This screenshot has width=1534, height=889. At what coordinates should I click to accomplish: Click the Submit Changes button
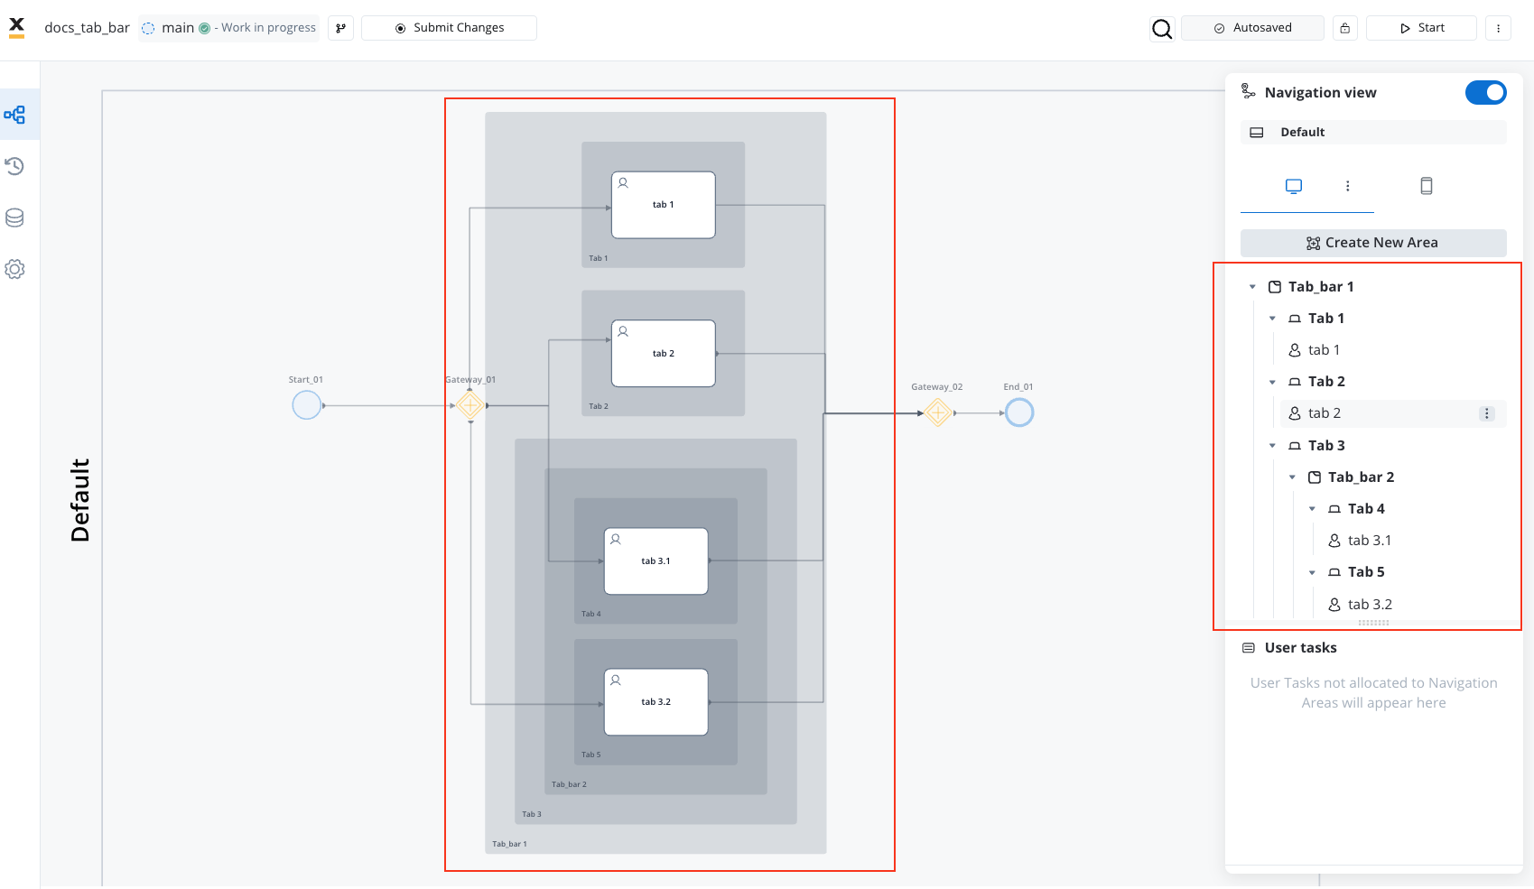(x=449, y=28)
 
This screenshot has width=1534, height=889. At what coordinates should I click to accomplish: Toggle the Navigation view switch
(x=1485, y=92)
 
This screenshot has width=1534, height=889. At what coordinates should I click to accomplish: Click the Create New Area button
(x=1373, y=243)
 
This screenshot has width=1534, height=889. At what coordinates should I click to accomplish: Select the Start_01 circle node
(x=306, y=405)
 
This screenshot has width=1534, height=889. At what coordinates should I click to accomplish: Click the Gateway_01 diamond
(x=469, y=406)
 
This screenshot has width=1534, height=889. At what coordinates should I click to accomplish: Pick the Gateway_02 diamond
(x=937, y=412)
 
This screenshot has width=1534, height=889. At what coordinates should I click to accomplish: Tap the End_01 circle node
(x=1019, y=412)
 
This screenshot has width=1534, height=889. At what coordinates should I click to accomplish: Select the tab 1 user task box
(x=663, y=205)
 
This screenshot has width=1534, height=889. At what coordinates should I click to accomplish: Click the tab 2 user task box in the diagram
(x=663, y=353)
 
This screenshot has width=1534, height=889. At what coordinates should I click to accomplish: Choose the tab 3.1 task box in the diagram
(x=655, y=561)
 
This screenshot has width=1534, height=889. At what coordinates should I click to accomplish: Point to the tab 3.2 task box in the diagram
(x=655, y=702)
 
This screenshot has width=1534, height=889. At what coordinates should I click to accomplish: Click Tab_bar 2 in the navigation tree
(x=1361, y=477)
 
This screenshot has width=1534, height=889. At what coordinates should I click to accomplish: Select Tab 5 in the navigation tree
(x=1366, y=572)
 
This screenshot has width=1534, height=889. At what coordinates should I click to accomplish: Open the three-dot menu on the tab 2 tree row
(x=1486, y=413)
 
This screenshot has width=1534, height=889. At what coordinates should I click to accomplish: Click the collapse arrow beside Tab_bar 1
(x=1252, y=287)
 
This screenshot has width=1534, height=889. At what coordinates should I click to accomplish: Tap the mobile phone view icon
(x=1426, y=186)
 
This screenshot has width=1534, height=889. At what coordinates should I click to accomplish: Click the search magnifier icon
(x=1162, y=29)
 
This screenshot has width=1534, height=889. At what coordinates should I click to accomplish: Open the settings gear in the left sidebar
(x=15, y=269)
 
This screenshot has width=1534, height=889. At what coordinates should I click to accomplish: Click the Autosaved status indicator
(x=1252, y=28)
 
